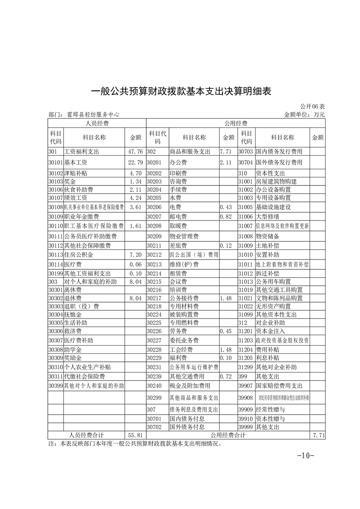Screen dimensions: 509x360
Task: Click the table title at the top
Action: coord(181,91)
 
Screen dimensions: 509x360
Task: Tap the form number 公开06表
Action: coord(313,107)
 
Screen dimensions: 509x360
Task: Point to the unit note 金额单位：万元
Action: coord(304,115)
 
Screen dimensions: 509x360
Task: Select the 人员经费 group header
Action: coord(97,123)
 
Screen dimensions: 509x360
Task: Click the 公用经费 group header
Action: coord(235,123)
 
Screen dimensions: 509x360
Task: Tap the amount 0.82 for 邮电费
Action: coord(226,216)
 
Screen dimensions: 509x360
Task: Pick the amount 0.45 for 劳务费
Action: coord(226,331)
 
